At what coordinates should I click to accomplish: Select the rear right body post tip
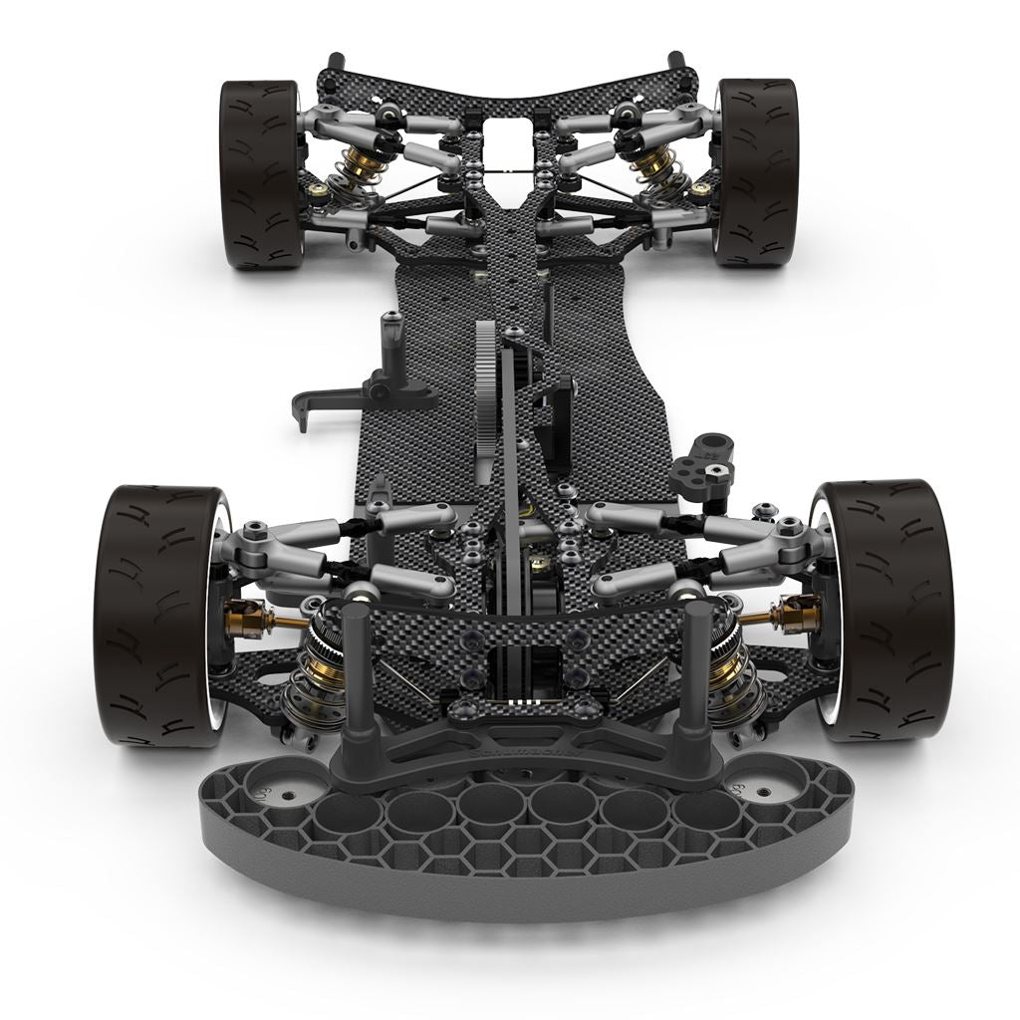tap(676, 57)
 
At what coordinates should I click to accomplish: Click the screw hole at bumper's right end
tap(763, 793)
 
